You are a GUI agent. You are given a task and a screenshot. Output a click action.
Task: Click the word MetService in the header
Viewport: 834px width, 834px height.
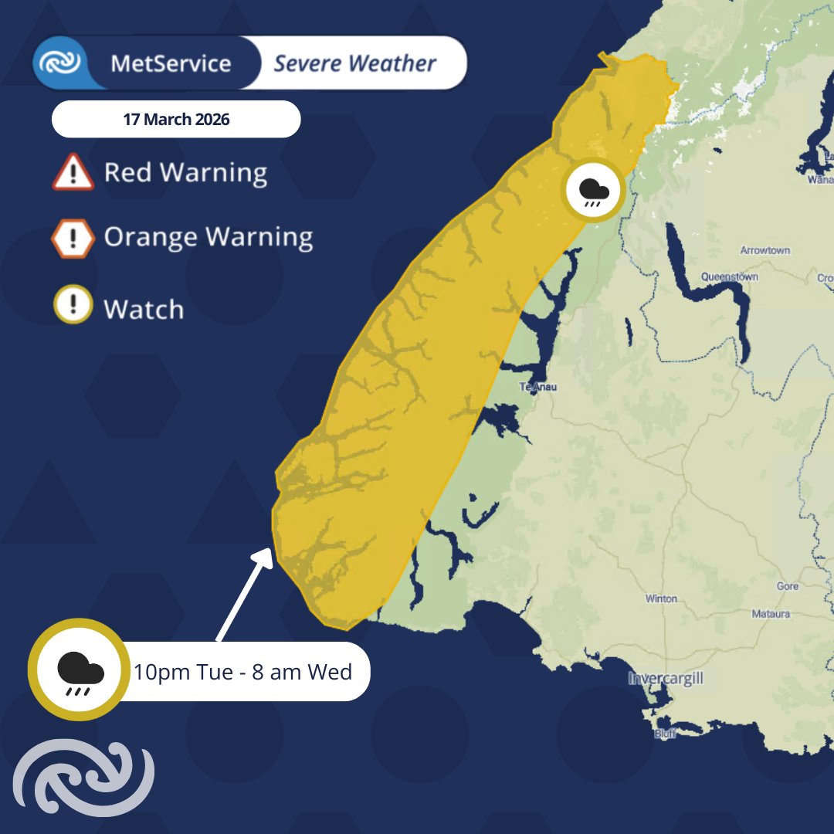tap(171, 63)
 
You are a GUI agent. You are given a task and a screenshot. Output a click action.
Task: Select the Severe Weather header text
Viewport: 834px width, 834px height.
tap(354, 63)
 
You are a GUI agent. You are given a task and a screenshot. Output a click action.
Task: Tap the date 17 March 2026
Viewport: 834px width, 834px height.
tap(176, 120)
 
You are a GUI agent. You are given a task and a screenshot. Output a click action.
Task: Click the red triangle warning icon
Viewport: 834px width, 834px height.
tap(73, 172)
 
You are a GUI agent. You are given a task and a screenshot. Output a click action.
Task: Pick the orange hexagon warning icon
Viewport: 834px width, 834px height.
tap(73, 239)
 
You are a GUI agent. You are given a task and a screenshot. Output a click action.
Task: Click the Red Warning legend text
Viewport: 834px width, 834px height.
tap(185, 172)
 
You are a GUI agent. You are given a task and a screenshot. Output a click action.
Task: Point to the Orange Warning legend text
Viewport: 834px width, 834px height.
tap(208, 237)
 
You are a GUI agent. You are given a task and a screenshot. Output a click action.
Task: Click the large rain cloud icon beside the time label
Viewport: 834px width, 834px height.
tap(78, 670)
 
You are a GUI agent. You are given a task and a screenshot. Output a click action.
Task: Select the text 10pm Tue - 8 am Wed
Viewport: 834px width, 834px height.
tap(242, 672)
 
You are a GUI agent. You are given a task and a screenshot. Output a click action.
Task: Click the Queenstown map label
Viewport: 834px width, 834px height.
tap(729, 276)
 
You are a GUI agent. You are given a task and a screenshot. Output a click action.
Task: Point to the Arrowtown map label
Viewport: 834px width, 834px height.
tap(764, 251)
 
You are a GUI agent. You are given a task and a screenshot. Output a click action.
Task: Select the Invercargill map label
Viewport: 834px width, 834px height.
tap(665, 680)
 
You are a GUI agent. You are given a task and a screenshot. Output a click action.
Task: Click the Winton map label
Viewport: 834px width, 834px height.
tap(661, 598)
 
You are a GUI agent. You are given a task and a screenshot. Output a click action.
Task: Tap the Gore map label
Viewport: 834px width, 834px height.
tap(787, 587)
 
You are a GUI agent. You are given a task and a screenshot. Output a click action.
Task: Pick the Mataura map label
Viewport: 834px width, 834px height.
tap(771, 614)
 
